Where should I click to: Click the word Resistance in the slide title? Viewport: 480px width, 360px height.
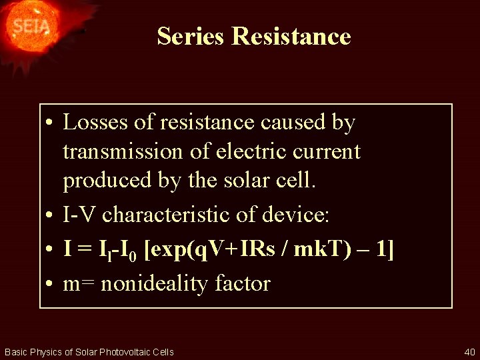pyautogui.click(x=291, y=36)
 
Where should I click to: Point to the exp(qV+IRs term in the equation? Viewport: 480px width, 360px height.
pyautogui.click(x=210, y=250)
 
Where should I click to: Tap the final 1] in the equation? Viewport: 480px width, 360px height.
pyautogui.click(x=384, y=250)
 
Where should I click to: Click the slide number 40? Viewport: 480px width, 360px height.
pyautogui.click(x=469, y=351)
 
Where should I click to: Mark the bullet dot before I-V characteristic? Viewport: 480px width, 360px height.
pyautogui.click(x=50, y=216)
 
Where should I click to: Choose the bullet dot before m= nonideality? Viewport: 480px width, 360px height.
pyautogui.click(x=50, y=285)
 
